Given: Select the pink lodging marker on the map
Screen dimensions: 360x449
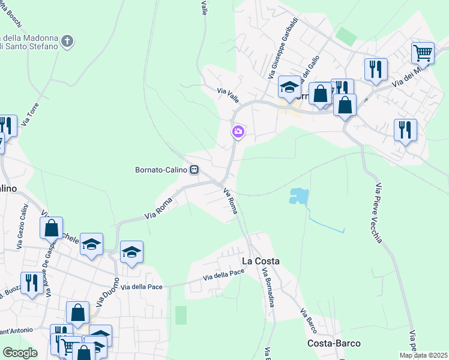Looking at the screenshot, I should pyautogui.click(x=238, y=131).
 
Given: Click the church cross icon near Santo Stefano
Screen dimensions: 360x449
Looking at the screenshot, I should pyautogui.click(x=68, y=41).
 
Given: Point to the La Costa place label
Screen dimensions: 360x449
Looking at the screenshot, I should pyautogui.click(x=261, y=261).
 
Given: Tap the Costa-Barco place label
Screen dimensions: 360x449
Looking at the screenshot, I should pyautogui.click(x=334, y=343).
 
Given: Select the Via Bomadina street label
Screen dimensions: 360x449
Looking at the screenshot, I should pyautogui.click(x=268, y=288).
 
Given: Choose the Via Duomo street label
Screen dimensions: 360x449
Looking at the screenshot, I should pyautogui.click(x=103, y=296).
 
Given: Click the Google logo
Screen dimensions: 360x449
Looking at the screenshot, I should pyautogui.click(x=20, y=353).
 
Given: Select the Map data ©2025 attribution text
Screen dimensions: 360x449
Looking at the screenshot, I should pyautogui.click(x=424, y=355).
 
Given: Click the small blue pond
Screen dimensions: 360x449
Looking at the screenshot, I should pyautogui.click(x=297, y=195).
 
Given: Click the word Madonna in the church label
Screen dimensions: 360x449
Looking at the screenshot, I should pyautogui.click(x=38, y=36).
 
